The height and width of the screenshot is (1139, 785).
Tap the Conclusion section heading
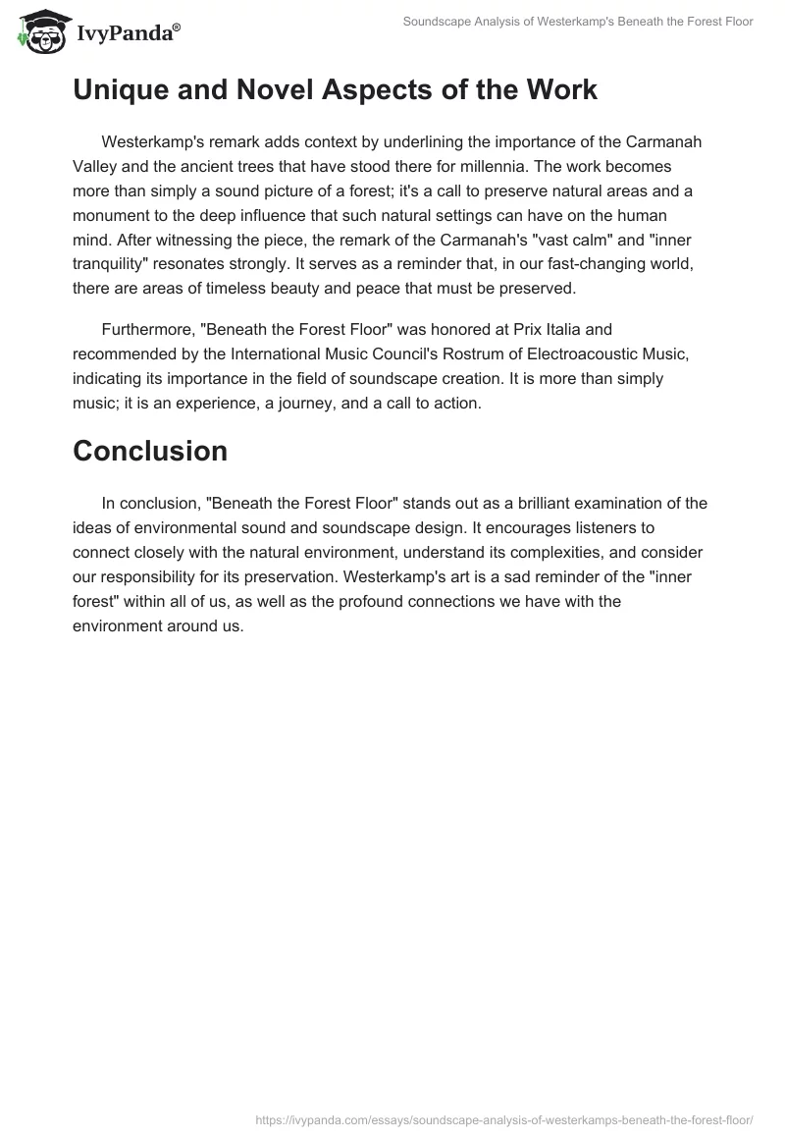150,451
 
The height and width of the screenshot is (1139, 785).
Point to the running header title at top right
578,22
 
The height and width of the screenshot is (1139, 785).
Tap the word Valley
95,166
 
